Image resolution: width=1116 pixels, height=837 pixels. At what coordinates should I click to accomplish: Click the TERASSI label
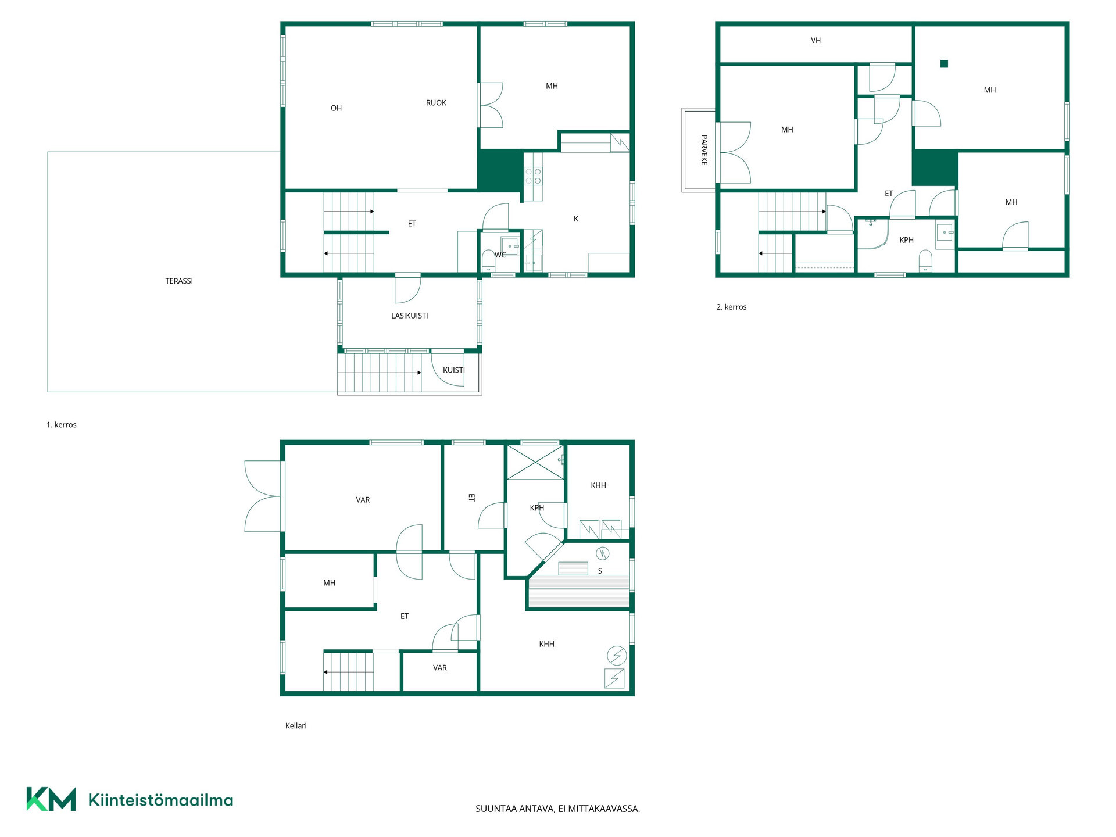pos(179,281)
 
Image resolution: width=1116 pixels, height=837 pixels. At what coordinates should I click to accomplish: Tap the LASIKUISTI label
pos(410,316)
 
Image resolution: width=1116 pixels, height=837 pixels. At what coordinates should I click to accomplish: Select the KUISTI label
pos(454,370)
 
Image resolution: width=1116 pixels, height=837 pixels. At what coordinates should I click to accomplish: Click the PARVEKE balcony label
pos(704,150)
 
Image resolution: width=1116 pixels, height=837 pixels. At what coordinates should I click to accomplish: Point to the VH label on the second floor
pos(816,41)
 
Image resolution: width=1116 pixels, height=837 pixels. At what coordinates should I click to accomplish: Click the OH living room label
pos(337,109)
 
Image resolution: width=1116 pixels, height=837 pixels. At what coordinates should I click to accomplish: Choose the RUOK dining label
pos(437,103)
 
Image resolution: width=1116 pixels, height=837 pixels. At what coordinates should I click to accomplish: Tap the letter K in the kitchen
pos(576,219)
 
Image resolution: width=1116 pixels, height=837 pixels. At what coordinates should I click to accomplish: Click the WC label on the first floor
pos(500,255)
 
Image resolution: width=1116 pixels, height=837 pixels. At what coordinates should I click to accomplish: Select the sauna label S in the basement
pos(600,571)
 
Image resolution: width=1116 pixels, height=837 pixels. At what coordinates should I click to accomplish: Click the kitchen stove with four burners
pos(534,177)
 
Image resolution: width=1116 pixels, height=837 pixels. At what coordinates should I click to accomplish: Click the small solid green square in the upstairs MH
pos(945,64)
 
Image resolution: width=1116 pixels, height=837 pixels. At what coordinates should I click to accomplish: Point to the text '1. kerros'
pos(62,425)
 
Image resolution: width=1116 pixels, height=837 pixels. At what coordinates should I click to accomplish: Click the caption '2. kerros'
pos(731,307)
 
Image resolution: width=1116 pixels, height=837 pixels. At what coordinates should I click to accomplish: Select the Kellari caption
pos(296,726)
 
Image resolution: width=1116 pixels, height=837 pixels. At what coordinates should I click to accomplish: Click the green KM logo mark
pos(51,799)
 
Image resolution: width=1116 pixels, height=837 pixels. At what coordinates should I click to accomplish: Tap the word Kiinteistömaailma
pos(160,800)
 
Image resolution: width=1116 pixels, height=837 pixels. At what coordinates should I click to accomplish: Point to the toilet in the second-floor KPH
pos(926,261)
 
